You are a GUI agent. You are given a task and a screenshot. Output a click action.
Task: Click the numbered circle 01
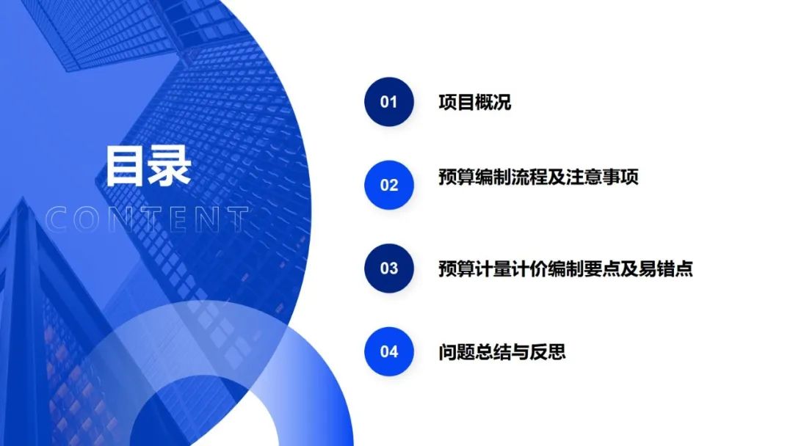(x=389, y=101)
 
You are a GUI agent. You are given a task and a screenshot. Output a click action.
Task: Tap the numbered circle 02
(x=389, y=185)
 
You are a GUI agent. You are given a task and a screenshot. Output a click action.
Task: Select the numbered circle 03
(x=389, y=268)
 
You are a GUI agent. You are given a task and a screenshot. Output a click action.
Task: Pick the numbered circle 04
(x=389, y=351)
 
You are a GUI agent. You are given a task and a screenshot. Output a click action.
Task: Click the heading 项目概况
(x=475, y=102)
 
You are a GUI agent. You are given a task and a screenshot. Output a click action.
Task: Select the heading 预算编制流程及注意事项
(x=539, y=177)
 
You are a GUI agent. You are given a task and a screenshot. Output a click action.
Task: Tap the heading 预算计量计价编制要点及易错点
(x=565, y=268)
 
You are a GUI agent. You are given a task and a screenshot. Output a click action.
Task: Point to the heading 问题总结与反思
(x=502, y=352)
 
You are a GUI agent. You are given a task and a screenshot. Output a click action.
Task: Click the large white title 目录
(x=148, y=166)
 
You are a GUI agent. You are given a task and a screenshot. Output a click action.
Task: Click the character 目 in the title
(x=125, y=166)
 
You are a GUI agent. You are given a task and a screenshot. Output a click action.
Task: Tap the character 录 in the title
(x=170, y=166)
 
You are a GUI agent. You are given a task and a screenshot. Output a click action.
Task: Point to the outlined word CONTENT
(x=147, y=219)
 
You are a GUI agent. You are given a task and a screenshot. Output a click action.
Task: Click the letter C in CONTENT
(x=56, y=219)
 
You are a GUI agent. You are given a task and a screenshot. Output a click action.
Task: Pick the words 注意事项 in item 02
(x=602, y=177)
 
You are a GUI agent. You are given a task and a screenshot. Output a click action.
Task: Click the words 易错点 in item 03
(x=665, y=268)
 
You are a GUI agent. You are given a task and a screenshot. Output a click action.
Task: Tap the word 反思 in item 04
(x=548, y=352)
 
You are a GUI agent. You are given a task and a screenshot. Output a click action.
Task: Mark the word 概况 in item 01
(x=493, y=102)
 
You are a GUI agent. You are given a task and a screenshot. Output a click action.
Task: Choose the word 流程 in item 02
(x=529, y=177)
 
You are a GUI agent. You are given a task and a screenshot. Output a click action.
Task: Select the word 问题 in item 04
(x=457, y=352)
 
